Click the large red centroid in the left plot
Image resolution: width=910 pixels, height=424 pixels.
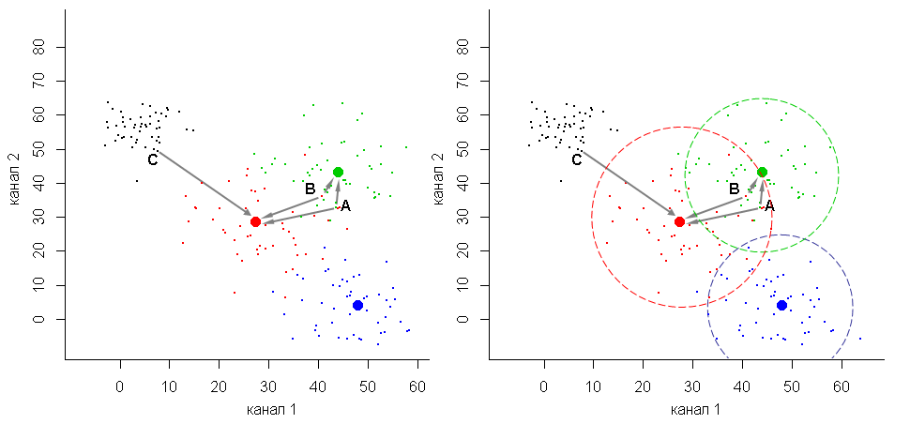[255, 221]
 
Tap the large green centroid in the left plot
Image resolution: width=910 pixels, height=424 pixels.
[338, 172]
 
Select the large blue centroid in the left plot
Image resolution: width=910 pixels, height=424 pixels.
[357, 305]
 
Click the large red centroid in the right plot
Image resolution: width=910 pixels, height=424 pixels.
[679, 221]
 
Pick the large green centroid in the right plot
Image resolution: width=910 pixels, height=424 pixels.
[762, 172]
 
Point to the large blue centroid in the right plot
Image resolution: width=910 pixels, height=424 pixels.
[781, 305]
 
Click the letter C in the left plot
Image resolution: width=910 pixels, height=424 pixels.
[152, 159]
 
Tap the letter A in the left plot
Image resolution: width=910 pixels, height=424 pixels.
[345, 205]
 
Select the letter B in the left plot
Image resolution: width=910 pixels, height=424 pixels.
[310, 189]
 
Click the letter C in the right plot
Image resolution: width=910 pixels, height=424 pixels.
[576, 159]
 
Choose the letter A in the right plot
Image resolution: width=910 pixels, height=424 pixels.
[769, 205]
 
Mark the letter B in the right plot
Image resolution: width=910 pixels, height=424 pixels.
[734, 189]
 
